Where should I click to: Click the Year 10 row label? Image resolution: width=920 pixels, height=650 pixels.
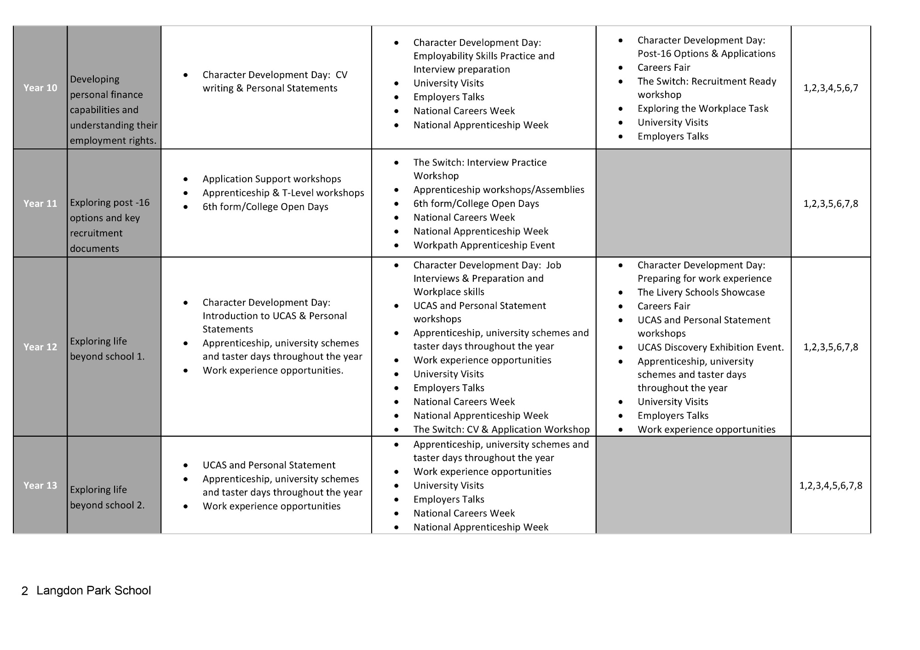40,88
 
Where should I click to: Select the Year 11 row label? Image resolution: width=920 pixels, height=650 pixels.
40,204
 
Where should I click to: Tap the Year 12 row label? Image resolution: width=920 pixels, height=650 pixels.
40,347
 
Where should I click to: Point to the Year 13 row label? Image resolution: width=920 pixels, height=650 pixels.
40,485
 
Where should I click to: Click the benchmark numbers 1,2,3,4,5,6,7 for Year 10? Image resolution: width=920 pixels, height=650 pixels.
831,88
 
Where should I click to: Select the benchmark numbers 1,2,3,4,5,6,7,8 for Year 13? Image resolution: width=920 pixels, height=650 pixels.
831,485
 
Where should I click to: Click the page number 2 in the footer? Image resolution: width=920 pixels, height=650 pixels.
25,591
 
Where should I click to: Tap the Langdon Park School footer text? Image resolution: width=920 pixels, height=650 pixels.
94,591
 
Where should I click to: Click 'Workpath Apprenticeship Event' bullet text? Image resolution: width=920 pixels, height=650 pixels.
484,245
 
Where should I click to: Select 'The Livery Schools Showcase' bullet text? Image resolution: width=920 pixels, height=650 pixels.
701,292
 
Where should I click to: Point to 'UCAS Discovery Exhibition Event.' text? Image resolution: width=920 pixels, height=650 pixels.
711,348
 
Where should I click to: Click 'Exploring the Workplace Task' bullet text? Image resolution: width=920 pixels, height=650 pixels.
703,108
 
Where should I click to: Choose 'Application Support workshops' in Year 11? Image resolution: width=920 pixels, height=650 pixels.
272,179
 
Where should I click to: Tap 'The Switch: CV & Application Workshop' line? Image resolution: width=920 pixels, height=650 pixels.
501,429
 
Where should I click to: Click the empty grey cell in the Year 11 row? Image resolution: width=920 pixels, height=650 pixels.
693,203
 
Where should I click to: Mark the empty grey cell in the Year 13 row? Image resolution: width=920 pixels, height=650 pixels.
693,485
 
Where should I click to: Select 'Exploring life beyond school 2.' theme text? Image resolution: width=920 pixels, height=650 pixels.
107,497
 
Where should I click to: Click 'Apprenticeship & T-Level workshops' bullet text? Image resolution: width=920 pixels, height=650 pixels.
283,193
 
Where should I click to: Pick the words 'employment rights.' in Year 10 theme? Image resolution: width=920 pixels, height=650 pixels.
113,141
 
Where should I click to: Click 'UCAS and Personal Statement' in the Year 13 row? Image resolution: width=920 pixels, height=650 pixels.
269,465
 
